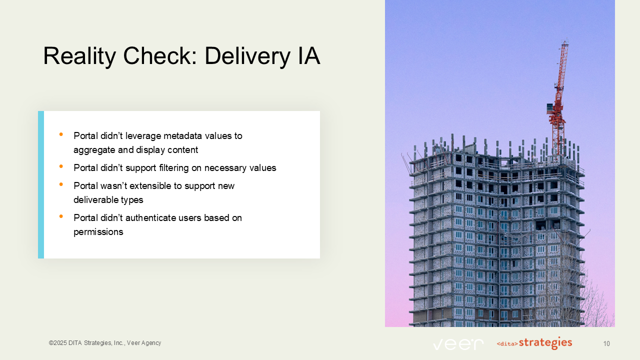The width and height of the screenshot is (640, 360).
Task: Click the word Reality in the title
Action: [78, 56]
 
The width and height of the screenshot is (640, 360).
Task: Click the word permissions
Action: [98, 232]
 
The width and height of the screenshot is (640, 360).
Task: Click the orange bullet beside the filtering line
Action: [61, 166]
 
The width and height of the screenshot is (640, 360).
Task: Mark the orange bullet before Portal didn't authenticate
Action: [61, 216]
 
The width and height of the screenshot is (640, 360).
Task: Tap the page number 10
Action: [606, 343]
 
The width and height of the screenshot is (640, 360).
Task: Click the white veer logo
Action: [458, 344]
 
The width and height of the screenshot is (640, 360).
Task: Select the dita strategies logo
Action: [534, 343]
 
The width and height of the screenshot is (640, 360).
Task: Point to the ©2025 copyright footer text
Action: [105, 343]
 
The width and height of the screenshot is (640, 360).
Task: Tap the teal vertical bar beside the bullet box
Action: [41, 184]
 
